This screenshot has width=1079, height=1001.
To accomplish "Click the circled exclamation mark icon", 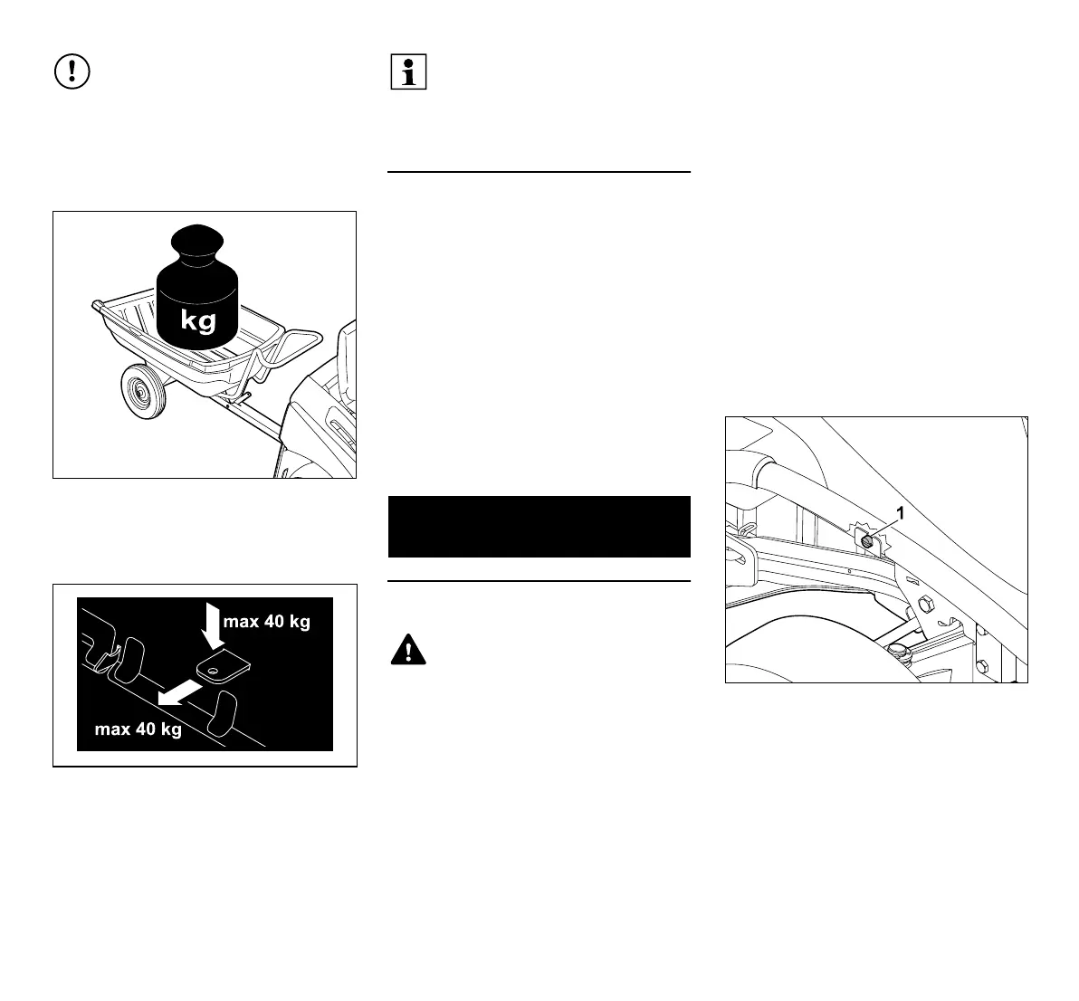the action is (x=72, y=72).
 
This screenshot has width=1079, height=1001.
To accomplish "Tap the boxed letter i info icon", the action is (x=408, y=72).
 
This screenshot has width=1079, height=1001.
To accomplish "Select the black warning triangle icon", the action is (x=408, y=651).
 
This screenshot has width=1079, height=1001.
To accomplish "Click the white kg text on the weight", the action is (x=197, y=320).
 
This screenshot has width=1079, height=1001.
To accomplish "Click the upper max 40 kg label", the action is (x=266, y=623).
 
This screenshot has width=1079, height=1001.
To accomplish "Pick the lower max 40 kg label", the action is (x=138, y=729).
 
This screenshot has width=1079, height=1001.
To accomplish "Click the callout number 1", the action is (x=900, y=513).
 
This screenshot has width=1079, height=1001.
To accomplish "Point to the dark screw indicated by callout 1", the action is (x=865, y=540).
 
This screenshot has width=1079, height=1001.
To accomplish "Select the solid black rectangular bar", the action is (x=539, y=526).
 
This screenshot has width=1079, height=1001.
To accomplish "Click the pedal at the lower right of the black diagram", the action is (x=222, y=714).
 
